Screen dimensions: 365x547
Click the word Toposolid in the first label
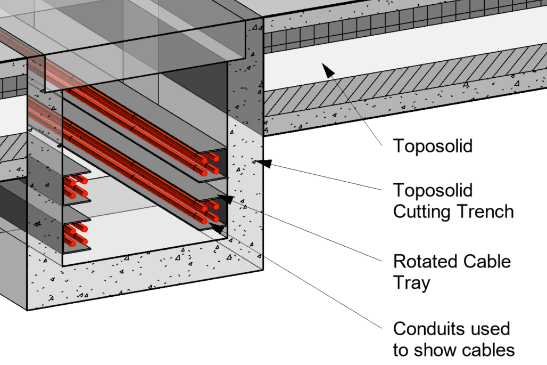click(x=432, y=145)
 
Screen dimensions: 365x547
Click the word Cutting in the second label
click(x=422, y=212)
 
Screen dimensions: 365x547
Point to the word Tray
click(x=411, y=283)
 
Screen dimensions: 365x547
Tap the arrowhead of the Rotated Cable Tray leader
click(x=226, y=199)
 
